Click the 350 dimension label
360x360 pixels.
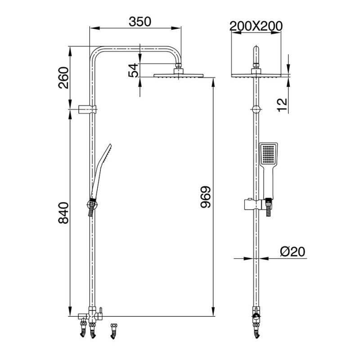tap(140, 22)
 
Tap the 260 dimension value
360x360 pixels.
tap(63, 78)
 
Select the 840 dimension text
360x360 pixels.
tap(63, 213)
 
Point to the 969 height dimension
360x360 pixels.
tap(206, 197)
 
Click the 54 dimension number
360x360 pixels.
tap(133, 70)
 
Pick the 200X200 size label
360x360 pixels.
tap(256, 26)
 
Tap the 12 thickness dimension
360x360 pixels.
tap(282, 105)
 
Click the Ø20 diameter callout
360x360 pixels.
tap(292, 252)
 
